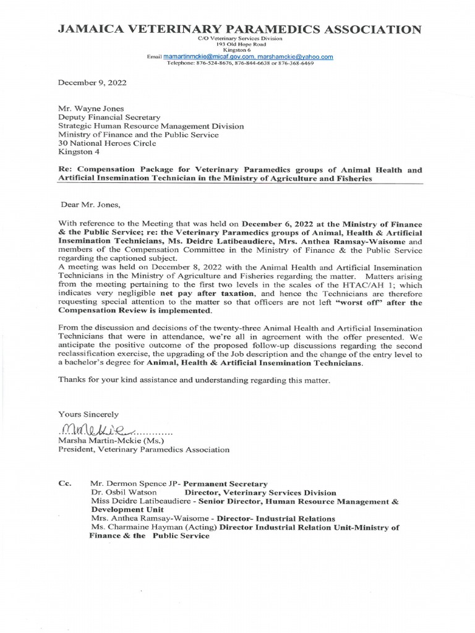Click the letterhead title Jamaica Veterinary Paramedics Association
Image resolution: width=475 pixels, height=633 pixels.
pos(241,29)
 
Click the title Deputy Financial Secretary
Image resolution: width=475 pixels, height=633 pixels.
pos(109,116)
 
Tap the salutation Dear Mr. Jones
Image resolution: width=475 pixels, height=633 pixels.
pos(87,199)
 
